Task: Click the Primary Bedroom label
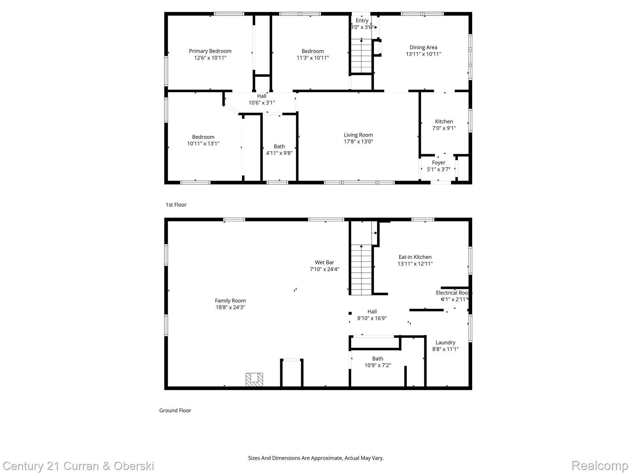210,51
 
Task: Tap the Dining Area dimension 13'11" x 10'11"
423,54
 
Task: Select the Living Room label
358,135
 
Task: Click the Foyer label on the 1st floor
438,163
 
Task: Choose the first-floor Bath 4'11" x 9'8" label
279,150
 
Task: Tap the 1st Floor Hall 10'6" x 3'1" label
261,99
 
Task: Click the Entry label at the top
362,21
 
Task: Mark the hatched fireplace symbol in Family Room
254,379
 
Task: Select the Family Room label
230,301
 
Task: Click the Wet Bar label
324,263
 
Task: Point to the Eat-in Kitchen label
415,257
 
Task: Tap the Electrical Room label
453,293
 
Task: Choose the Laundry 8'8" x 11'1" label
445,346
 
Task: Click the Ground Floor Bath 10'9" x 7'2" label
377,362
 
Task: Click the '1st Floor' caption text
176,205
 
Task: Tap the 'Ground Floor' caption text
175,410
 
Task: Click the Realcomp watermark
599,465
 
